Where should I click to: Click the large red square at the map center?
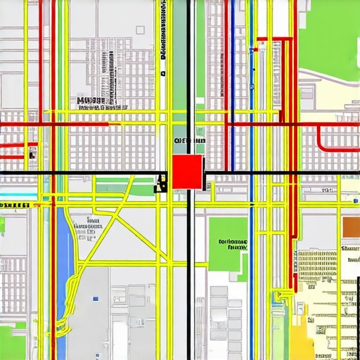[x=187, y=172]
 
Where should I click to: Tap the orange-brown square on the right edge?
[x=350, y=226]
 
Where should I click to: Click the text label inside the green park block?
[x=233, y=245]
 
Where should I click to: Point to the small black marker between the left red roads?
[x=32, y=154]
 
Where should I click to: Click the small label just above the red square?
[x=188, y=141]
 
